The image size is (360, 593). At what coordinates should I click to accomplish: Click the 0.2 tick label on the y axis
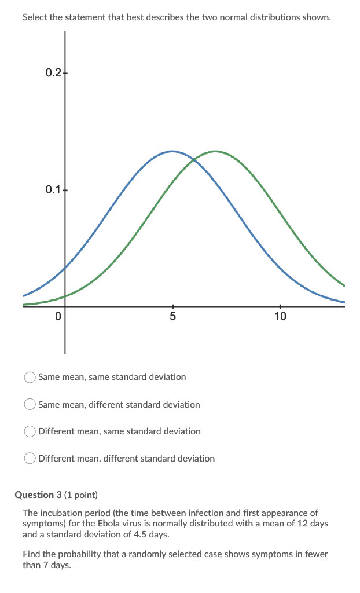(52, 72)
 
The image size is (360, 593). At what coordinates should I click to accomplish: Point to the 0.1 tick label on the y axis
(52, 189)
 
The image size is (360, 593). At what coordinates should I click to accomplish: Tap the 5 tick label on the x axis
(172, 317)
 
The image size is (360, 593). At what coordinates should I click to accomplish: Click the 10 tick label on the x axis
(280, 317)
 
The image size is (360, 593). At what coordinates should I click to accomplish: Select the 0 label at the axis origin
(57, 317)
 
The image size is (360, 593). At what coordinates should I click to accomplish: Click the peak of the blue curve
(172, 151)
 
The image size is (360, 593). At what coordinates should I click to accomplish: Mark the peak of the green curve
(215, 151)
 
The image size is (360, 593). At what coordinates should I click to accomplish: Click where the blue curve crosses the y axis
(65, 267)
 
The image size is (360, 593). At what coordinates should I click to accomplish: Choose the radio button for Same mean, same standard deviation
(30, 377)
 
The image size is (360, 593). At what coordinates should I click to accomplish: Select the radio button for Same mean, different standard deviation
(30, 405)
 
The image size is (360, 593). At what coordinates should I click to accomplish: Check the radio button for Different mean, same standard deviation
(30, 431)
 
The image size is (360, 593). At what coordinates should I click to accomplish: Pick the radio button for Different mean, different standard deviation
(30, 459)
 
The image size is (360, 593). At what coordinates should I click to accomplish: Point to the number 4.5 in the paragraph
(135, 534)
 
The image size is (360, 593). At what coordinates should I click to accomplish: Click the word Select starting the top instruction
(35, 17)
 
